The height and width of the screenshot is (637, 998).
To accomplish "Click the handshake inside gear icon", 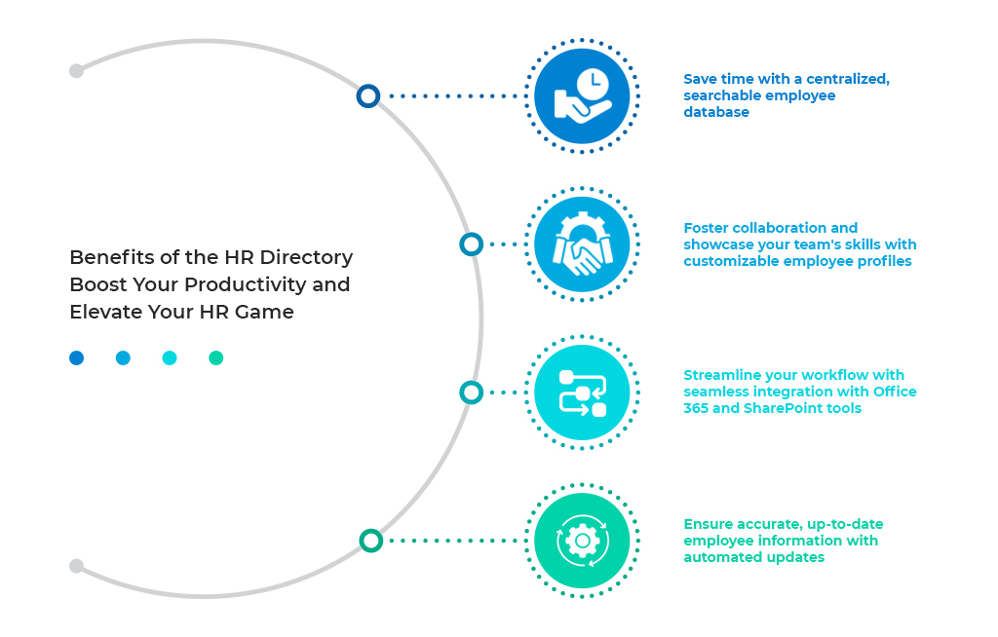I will pyautogui.click(x=582, y=244).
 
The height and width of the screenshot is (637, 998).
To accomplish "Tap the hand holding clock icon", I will pyautogui.click(x=582, y=96).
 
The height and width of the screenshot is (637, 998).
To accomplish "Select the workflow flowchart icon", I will pyautogui.click(x=582, y=393).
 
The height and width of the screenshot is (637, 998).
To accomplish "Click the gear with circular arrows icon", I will pyautogui.click(x=582, y=541).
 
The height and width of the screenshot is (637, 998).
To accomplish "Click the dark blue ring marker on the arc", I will pyautogui.click(x=367, y=95).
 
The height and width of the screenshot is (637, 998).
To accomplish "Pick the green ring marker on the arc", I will pyautogui.click(x=370, y=541).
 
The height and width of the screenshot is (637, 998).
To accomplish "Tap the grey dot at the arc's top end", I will pyautogui.click(x=76, y=71).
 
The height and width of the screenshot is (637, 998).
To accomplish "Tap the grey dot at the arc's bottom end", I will pyautogui.click(x=76, y=566).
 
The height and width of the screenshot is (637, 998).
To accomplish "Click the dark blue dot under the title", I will pyautogui.click(x=76, y=358).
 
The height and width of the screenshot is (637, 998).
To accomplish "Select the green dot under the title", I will pyautogui.click(x=216, y=358).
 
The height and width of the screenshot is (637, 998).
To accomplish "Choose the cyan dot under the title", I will pyautogui.click(x=170, y=358).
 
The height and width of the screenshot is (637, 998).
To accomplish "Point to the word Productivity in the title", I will pyautogui.click(x=245, y=285).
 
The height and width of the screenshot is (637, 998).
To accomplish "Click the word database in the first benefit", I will pyautogui.click(x=716, y=112).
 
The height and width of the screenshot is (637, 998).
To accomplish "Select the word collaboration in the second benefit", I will pyautogui.click(x=773, y=228).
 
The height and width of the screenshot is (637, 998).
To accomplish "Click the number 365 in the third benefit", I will pyautogui.click(x=696, y=408).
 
